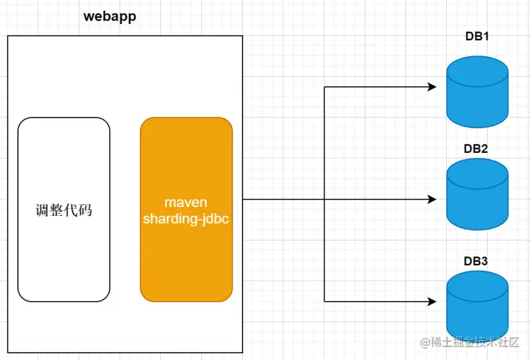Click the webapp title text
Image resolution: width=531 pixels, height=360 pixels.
(x=110, y=16)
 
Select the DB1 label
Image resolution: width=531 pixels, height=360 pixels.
(x=477, y=36)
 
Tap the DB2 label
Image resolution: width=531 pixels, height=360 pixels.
(x=476, y=149)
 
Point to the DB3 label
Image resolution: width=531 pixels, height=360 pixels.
(x=476, y=261)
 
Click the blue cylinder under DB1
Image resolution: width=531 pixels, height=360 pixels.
(x=477, y=92)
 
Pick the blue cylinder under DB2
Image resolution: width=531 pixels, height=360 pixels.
(x=477, y=194)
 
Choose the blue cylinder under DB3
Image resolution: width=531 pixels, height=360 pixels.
(x=477, y=307)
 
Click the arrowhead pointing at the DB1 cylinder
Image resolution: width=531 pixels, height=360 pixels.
(x=431, y=87)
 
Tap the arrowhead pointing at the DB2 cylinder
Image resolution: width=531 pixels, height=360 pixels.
(x=431, y=200)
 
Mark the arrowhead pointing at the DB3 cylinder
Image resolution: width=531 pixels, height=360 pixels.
(x=431, y=301)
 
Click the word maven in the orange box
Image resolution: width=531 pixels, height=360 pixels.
(x=186, y=202)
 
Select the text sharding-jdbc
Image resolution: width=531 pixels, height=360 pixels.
(x=186, y=219)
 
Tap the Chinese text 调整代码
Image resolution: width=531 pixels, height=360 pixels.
(x=64, y=210)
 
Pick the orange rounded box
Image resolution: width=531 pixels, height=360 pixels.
(x=186, y=210)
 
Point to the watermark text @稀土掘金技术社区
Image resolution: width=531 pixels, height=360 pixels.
(x=470, y=343)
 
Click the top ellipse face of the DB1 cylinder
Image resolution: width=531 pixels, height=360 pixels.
(x=477, y=71)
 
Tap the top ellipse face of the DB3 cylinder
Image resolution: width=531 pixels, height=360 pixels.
(x=477, y=287)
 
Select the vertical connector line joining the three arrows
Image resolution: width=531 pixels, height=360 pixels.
(x=325, y=194)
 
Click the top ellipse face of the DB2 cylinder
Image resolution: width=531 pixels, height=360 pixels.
(x=477, y=174)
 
